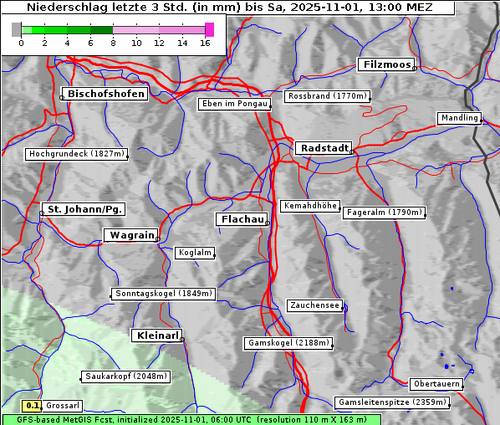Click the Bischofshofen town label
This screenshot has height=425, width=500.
[106, 95]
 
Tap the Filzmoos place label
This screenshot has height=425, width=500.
[385, 64]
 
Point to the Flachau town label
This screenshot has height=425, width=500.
[242, 219]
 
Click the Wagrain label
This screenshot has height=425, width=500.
[130, 236]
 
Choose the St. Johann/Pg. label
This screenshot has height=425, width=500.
[84, 208]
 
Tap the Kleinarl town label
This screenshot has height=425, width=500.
[156, 335]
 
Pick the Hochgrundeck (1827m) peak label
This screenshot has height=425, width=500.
[76, 154]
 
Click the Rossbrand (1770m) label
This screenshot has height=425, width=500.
[327, 96]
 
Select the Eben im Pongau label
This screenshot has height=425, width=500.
[234, 104]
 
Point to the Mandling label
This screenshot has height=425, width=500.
[459, 118]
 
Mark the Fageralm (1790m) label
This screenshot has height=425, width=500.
[384, 212]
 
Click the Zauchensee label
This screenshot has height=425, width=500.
[314, 305]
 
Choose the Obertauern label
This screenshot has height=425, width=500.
[436, 384]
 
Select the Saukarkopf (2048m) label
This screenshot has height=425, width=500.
[125, 376]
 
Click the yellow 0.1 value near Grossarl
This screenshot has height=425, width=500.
[33, 405]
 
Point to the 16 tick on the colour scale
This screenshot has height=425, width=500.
[205, 43]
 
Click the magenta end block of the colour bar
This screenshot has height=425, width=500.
[210, 29]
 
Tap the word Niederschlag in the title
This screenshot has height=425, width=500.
[61, 8]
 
